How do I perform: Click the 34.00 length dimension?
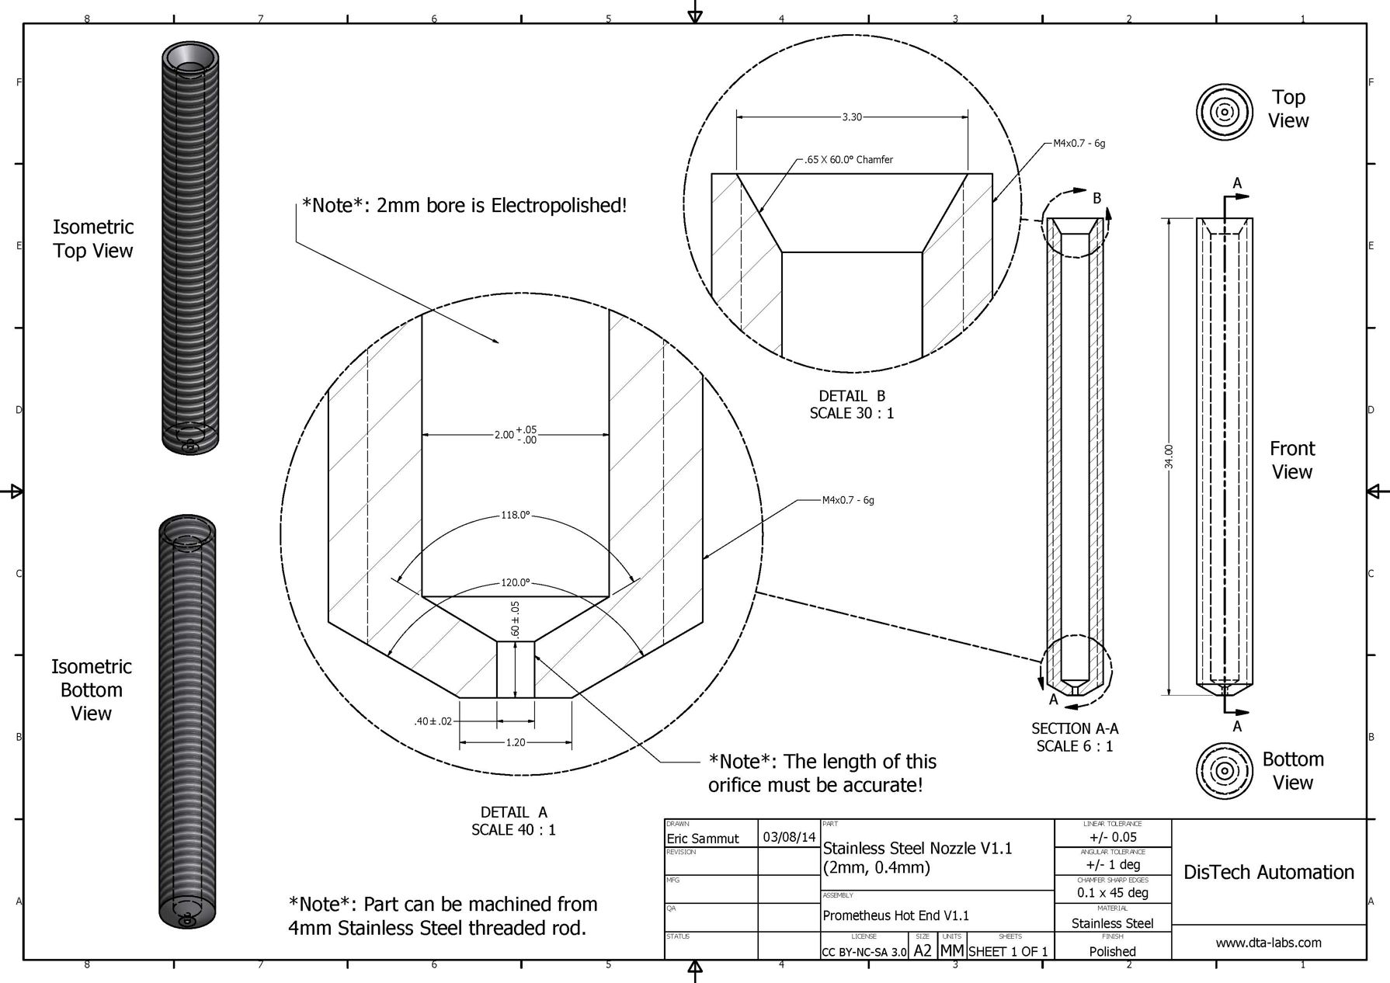point(1169,457)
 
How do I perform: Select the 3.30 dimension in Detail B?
point(852,117)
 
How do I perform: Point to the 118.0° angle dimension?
point(515,516)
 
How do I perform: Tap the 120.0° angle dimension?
point(515,582)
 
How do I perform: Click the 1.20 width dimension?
point(516,743)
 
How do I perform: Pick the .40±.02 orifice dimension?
point(433,721)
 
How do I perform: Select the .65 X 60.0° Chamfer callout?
point(849,160)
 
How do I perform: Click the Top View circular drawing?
point(1225,112)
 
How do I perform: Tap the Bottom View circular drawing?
point(1225,771)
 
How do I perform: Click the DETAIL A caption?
point(513,812)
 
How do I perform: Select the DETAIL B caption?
point(852,397)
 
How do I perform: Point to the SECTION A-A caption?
point(1075,729)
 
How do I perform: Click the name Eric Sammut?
point(703,839)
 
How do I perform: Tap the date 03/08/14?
point(789,837)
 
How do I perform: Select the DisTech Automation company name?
point(1268,873)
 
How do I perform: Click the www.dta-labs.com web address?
point(1268,943)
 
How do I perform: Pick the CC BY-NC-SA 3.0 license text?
point(864,952)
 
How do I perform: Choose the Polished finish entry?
point(1112,951)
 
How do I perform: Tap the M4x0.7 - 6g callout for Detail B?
point(1079,144)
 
